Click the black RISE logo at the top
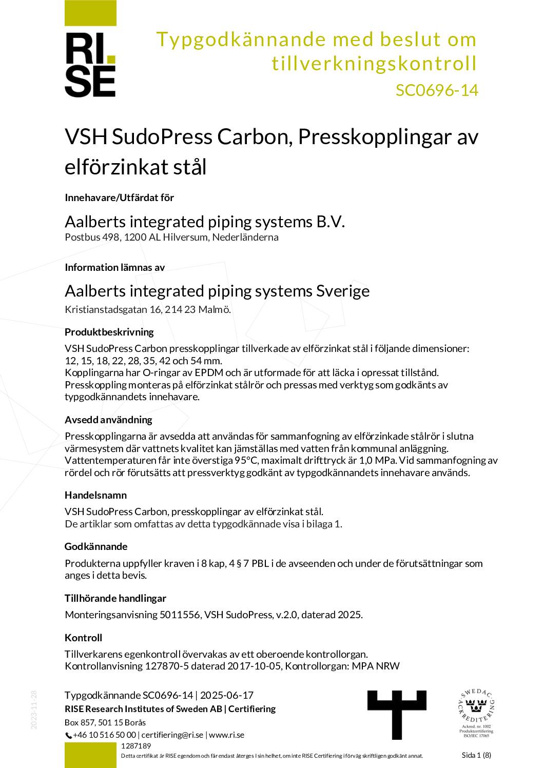point(90,65)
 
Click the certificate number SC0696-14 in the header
point(436,90)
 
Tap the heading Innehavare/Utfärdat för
point(119,198)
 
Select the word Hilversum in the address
point(185,237)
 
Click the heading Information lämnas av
point(114,267)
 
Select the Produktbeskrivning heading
point(109,332)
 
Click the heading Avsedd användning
point(108,420)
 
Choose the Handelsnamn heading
point(95,495)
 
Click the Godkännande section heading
point(96,546)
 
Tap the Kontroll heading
point(83,638)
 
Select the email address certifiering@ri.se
point(172,735)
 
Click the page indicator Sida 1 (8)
point(476,755)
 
